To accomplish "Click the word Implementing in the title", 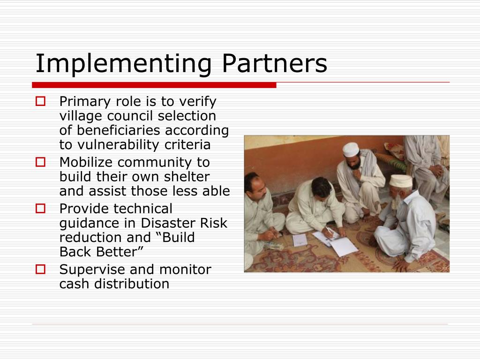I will point(123,64).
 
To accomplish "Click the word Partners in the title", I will point(275,64).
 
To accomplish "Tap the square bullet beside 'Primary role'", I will point(40,101).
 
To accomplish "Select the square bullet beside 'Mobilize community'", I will point(40,162).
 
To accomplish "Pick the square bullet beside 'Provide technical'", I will point(40,208).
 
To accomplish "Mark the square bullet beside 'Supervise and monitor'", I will point(40,269).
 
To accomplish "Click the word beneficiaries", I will point(120,130).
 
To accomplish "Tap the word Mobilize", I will point(87,162).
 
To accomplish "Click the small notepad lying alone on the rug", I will point(300,240).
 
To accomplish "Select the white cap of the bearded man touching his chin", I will point(350,149).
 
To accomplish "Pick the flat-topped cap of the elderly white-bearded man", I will point(401,181).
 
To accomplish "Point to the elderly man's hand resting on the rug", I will point(401,265).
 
